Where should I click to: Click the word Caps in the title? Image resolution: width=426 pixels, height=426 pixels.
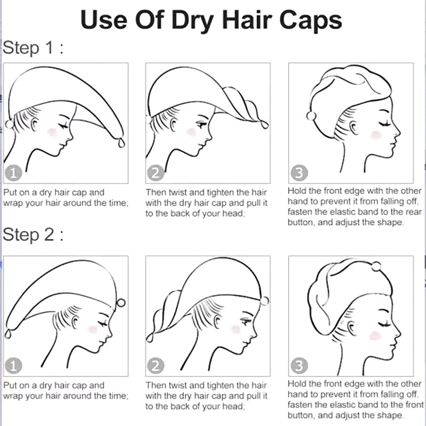point(310,20)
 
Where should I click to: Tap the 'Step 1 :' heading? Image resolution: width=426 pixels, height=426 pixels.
point(33,47)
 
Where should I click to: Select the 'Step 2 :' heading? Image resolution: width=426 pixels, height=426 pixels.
point(33,234)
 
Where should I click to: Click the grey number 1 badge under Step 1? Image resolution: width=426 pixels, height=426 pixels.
point(13,173)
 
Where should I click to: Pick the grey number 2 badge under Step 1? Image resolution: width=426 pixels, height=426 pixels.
point(155,173)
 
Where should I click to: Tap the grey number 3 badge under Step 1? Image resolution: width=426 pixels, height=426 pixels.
point(299,173)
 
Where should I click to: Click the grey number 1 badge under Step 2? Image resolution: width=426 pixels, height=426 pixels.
point(13,365)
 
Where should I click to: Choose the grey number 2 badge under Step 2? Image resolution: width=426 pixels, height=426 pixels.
point(155,365)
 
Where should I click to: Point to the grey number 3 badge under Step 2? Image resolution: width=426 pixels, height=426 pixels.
point(299,365)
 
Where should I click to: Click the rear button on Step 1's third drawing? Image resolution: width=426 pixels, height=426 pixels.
point(312,116)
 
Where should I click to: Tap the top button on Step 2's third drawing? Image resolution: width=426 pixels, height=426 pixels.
point(376,266)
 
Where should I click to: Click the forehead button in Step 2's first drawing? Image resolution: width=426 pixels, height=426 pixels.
point(121,302)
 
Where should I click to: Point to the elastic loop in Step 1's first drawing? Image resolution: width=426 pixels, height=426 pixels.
point(121,142)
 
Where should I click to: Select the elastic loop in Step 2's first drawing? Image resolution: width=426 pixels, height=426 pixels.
point(7,334)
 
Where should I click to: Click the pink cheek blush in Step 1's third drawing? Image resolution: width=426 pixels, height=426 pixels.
point(376,135)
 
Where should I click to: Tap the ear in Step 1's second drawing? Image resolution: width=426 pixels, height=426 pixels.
point(174,125)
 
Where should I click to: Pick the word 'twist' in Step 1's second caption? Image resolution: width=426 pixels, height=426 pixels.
point(177,193)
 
